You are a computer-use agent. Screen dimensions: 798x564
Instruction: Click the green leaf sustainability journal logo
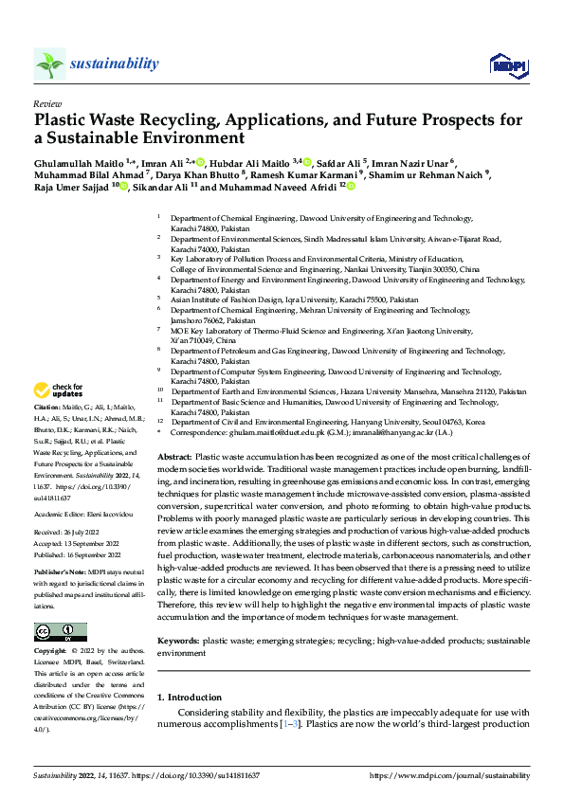tap(49, 64)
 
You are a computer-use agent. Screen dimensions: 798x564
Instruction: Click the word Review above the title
tap(47, 102)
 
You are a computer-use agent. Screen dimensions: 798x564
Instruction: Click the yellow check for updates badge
tap(59, 390)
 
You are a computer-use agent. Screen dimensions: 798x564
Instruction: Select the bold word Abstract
tap(173, 457)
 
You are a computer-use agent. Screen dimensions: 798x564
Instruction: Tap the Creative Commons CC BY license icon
tap(60, 632)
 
